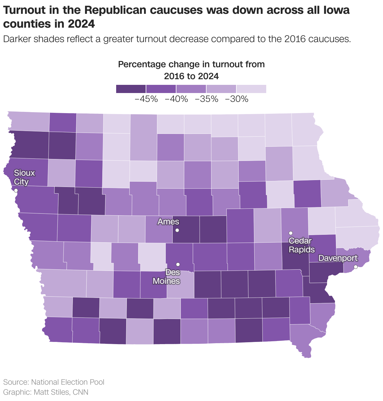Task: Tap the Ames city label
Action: click(x=168, y=222)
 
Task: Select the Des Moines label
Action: click(x=166, y=277)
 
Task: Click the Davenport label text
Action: click(x=338, y=258)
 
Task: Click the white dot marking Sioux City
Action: click(x=16, y=190)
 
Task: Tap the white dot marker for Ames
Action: click(x=177, y=230)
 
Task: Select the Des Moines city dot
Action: click(x=178, y=264)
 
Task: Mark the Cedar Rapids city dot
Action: click(x=291, y=233)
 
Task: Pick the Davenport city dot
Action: click(x=356, y=267)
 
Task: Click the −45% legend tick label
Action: click(x=146, y=99)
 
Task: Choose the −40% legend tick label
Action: click(x=176, y=99)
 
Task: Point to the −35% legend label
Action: click(x=206, y=99)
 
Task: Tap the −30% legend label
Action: click(x=236, y=99)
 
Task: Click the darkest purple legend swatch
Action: click(x=131, y=89)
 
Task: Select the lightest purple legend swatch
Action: click(x=251, y=89)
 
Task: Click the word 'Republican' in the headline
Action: click(x=116, y=10)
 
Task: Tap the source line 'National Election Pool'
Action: click(x=68, y=382)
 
